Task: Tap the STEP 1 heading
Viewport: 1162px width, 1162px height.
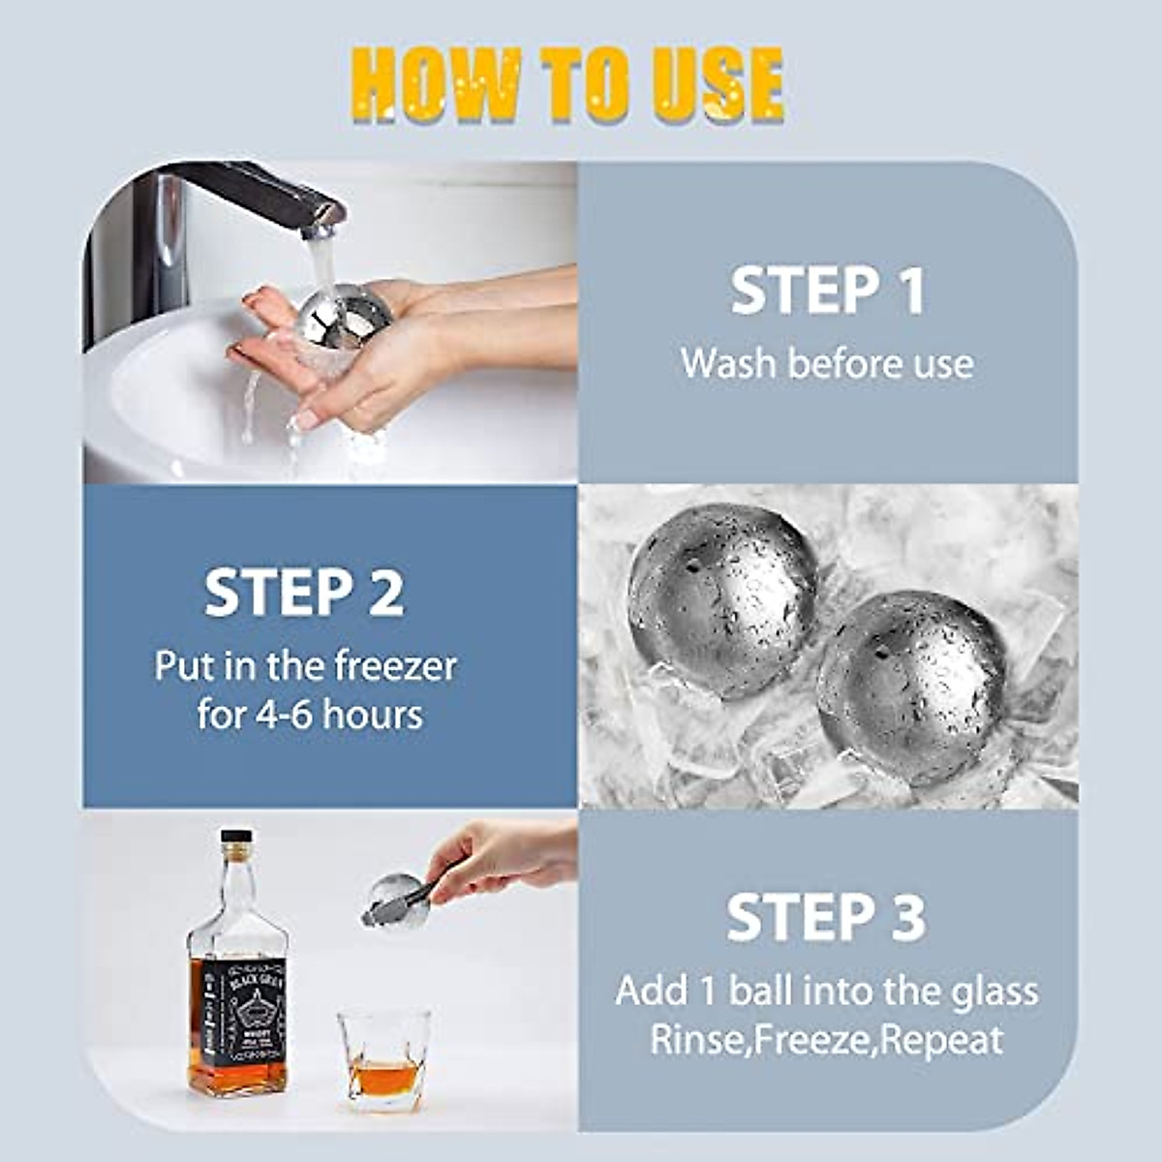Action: pos(827,290)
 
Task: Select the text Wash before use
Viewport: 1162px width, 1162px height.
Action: pos(827,364)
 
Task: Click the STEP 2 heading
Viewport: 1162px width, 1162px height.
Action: pos(303,593)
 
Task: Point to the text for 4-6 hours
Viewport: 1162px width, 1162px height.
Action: pos(310,716)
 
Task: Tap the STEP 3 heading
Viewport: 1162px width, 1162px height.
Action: pos(826,917)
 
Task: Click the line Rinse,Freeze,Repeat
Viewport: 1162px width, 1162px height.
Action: pos(826,1041)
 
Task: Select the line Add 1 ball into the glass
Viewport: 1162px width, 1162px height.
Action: pos(826,991)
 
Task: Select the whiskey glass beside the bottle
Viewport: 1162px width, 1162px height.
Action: pos(383,1058)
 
